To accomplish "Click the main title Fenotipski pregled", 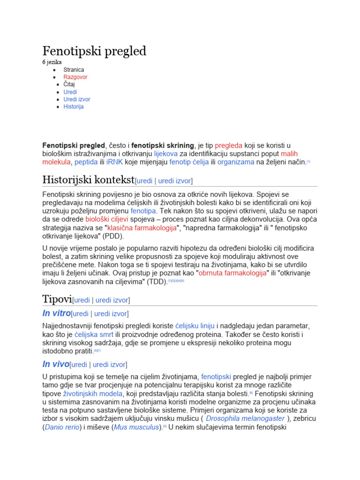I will pos(94,51).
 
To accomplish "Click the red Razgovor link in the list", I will pos(75,77).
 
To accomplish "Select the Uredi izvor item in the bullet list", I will pos(76,99).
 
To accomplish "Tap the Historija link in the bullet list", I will pos(73,107).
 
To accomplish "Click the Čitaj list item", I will pos(69,84).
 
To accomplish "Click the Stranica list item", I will pos(74,69).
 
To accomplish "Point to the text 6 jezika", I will pos(52,62).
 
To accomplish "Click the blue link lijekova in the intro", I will pos(165,154).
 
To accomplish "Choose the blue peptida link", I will pos(86,162).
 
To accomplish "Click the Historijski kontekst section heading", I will pos(88,180).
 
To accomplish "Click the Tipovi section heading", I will pos(57,299).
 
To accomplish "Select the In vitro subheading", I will pos(56,313).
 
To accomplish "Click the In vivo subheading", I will pos(55,364).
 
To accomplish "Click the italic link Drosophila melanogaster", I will pos(245,419).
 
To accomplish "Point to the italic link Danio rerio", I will pos(61,427).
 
